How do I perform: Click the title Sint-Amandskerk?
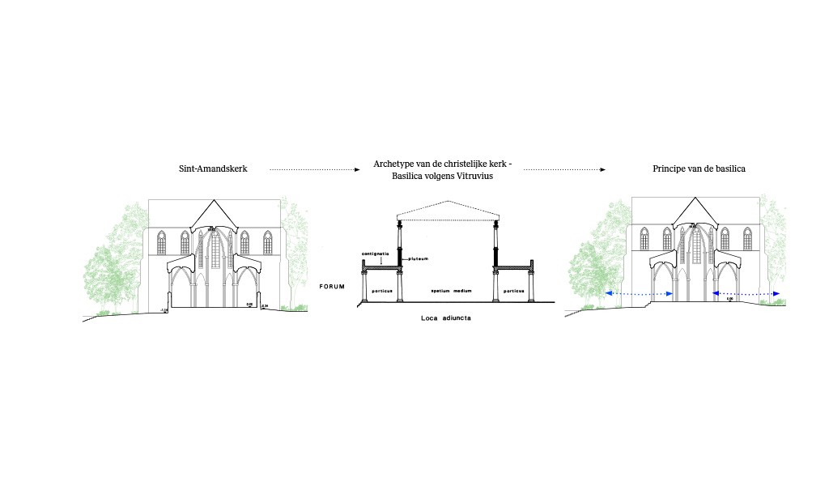[212, 169]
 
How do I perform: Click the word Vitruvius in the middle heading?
[470, 176]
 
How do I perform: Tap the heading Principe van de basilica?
[699, 169]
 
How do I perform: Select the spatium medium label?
[446, 290]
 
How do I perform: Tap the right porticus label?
[513, 290]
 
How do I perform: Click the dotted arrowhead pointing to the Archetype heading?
[357, 170]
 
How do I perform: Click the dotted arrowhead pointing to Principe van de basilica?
[602, 170]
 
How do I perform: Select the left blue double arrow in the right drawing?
[640, 294]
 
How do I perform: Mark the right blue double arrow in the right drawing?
[746, 294]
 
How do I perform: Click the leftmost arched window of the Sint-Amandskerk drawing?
[162, 242]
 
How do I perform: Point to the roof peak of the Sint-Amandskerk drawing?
[215, 200]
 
